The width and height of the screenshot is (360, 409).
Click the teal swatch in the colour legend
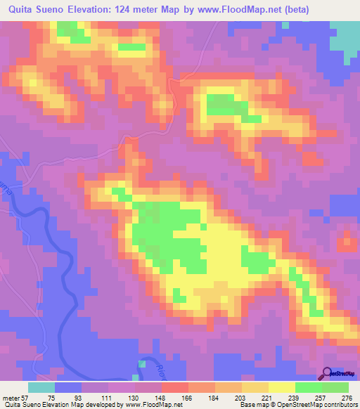[x=41, y=387]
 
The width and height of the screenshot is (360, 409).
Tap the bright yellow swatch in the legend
[x=281, y=387]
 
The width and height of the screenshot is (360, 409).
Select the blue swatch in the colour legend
[x=68, y=387]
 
